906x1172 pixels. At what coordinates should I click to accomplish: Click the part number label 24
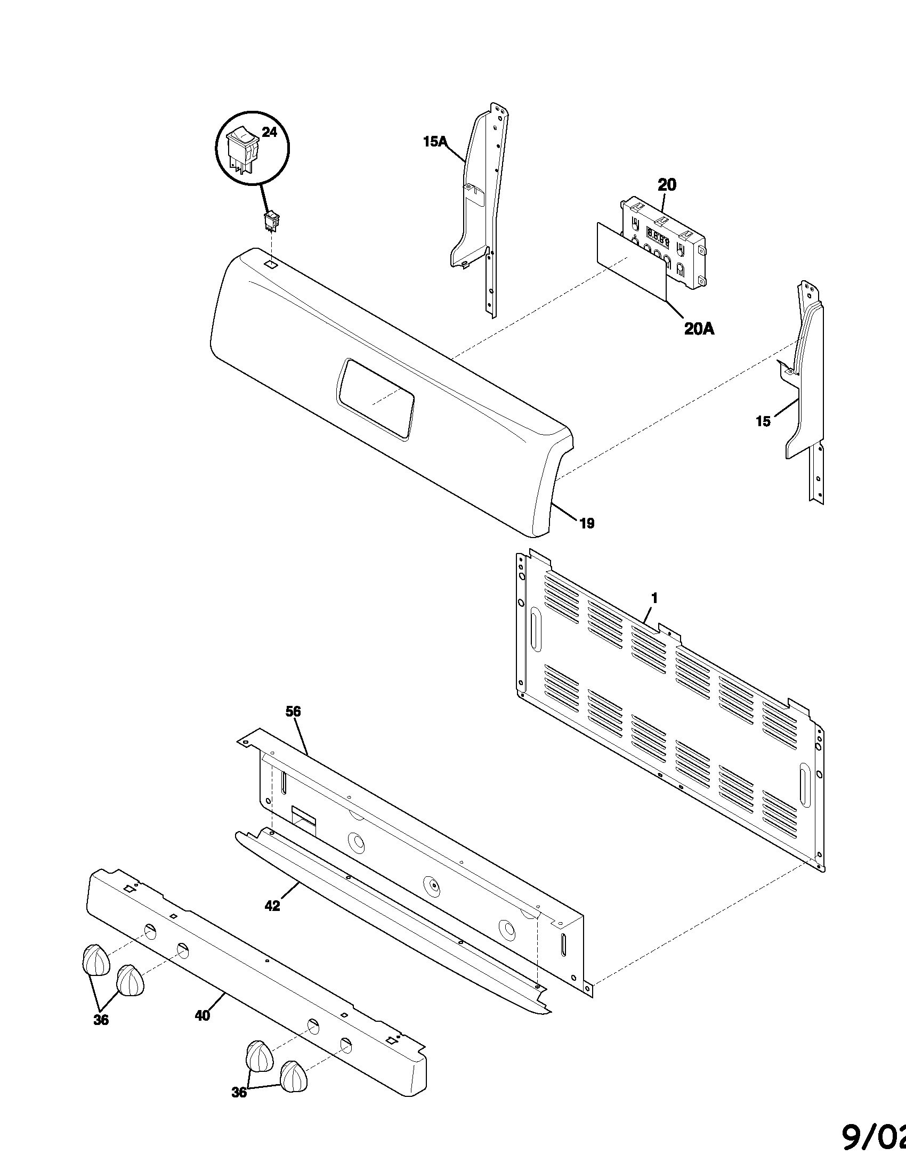[269, 132]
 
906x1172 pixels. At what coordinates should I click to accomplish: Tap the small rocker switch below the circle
[271, 221]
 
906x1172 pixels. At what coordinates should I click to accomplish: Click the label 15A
[435, 142]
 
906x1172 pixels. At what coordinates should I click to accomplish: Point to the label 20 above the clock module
[667, 185]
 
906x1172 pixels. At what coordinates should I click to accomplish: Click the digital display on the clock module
[658, 236]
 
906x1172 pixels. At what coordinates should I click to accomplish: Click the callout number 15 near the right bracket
[763, 421]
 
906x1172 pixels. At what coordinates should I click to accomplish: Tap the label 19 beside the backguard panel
[587, 523]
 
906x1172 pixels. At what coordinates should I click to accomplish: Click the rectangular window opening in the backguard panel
[375, 398]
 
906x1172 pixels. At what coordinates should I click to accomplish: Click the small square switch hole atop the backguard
[272, 264]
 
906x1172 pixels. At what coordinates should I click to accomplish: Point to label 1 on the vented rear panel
[654, 597]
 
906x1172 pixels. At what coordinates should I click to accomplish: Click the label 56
[293, 712]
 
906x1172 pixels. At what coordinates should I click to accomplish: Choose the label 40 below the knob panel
[203, 1015]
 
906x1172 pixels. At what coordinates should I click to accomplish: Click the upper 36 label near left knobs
[101, 1020]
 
